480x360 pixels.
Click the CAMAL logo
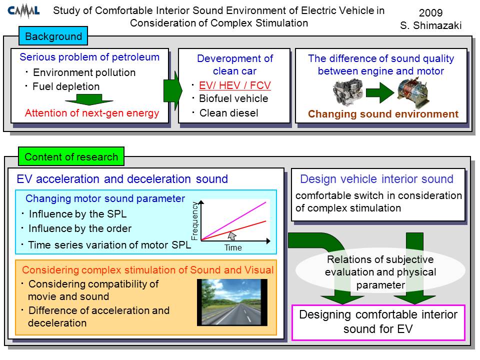(x=23, y=11)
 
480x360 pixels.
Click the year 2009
(x=430, y=12)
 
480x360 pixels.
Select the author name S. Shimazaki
(x=430, y=25)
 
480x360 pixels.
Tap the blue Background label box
(x=53, y=36)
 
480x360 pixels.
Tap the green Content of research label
(x=71, y=156)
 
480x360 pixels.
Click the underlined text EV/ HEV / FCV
(x=235, y=85)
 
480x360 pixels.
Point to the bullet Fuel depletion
(x=66, y=86)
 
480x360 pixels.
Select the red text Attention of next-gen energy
(x=92, y=113)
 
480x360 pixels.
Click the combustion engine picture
(x=348, y=91)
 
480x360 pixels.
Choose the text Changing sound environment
(x=383, y=114)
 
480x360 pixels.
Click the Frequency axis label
(x=194, y=220)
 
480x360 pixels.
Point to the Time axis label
(x=233, y=247)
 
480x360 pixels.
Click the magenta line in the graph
(x=233, y=221)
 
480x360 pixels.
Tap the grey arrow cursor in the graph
(x=232, y=235)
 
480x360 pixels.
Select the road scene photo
(x=232, y=302)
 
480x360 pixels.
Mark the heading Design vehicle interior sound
(x=376, y=179)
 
